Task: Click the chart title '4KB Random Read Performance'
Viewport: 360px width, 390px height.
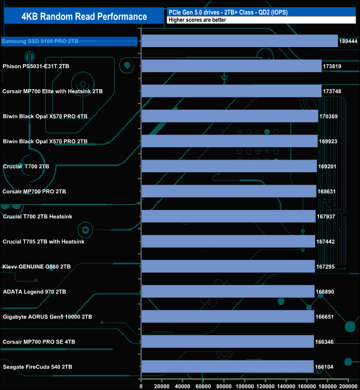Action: (x=84, y=16)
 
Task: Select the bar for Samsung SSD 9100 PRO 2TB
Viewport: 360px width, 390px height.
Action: (x=240, y=41)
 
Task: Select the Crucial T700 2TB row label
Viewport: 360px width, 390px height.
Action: (x=26, y=166)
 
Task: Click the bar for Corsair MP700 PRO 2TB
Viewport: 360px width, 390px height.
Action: (x=229, y=191)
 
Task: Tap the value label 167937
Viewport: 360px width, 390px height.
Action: (x=328, y=217)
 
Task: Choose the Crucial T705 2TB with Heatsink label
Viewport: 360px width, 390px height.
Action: (x=43, y=242)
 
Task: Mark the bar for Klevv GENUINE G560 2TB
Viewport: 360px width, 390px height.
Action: (x=228, y=266)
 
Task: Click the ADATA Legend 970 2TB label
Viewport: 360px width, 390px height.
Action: (x=34, y=291)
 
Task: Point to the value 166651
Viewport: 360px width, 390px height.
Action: (x=327, y=317)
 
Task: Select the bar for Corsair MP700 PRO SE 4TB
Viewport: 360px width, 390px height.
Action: (x=228, y=342)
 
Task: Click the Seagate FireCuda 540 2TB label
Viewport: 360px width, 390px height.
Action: (x=37, y=367)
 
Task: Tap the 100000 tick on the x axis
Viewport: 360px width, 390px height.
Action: (x=245, y=385)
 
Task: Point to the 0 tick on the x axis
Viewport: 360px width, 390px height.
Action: (x=142, y=385)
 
